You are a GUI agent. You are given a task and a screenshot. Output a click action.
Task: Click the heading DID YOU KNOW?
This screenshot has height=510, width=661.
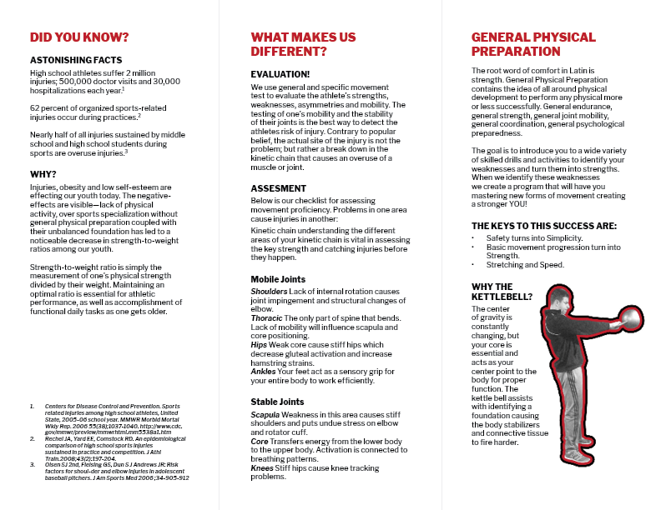pos(79,37)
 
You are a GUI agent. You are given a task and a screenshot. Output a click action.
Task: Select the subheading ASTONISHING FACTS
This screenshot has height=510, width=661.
pos(76,61)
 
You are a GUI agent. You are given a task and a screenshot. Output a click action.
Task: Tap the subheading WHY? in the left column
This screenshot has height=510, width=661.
pos(43,174)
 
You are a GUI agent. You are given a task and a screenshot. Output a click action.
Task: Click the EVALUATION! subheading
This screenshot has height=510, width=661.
pos(280,74)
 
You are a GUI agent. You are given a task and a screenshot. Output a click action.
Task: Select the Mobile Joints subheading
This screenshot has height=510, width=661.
pos(278,279)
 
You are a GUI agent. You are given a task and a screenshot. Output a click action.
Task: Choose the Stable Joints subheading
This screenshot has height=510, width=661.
pos(277,402)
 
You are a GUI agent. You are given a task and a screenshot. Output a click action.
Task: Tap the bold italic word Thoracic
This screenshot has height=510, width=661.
pos(267,318)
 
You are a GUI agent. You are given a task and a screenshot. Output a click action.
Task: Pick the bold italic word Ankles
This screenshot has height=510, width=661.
pos(262,371)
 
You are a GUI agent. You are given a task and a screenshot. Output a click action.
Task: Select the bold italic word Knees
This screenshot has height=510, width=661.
pos(262,468)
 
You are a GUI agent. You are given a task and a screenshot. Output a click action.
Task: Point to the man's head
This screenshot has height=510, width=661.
pos(555,297)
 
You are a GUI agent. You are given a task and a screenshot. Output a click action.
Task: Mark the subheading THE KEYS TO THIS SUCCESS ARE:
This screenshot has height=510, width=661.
pos(543,226)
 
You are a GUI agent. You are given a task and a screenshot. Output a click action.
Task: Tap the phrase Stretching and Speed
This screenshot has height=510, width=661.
pos(525,265)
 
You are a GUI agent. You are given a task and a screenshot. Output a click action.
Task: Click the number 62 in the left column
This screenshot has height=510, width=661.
pos(35,107)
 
